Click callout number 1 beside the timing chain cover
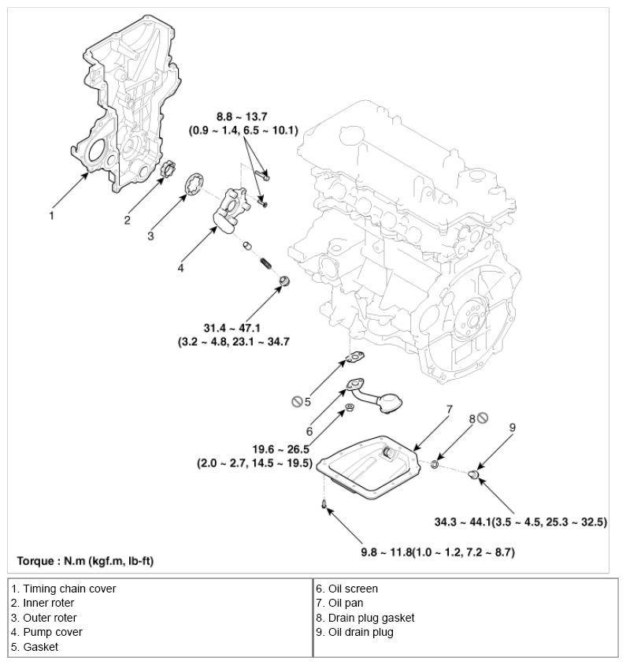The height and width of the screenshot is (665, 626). [x=52, y=214]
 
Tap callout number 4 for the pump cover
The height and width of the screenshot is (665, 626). [x=180, y=268]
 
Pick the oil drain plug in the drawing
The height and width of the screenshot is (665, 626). [x=474, y=474]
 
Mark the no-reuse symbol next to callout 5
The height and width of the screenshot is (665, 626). [x=296, y=403]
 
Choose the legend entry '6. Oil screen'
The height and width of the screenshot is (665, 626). [x=347, y=589]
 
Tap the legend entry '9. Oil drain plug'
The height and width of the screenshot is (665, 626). [x=355, y=632]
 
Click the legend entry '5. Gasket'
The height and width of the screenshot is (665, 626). [x=35, y=647]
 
